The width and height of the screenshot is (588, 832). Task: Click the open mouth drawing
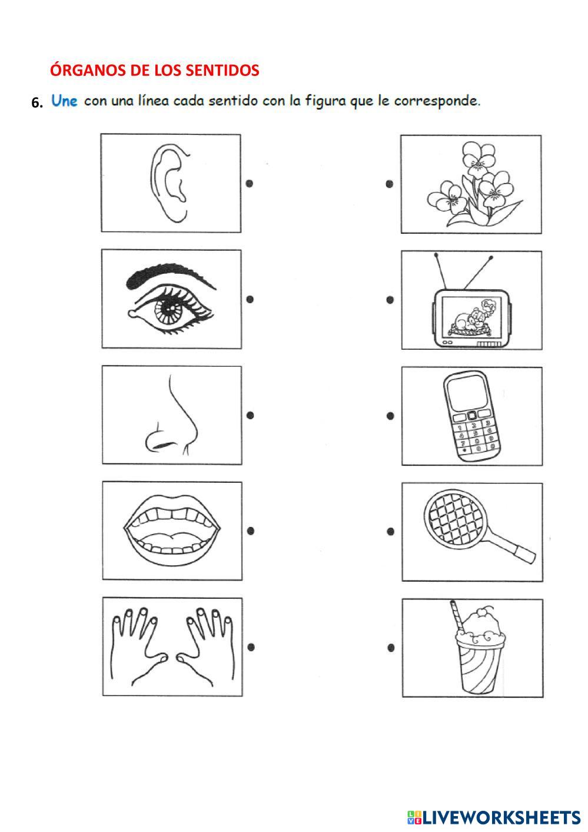point(171,531)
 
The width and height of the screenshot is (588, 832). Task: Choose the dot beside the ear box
point(250,183)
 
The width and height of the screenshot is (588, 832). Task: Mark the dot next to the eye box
point(250,299)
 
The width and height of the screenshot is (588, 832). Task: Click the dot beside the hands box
point(251,647)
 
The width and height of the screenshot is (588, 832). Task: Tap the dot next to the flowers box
point(390,184)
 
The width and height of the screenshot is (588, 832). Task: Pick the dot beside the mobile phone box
point(390,416)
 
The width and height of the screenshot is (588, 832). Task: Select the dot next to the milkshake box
point(391,648)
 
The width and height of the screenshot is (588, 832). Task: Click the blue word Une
point(64,101)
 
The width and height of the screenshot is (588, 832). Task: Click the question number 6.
point(37,102)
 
